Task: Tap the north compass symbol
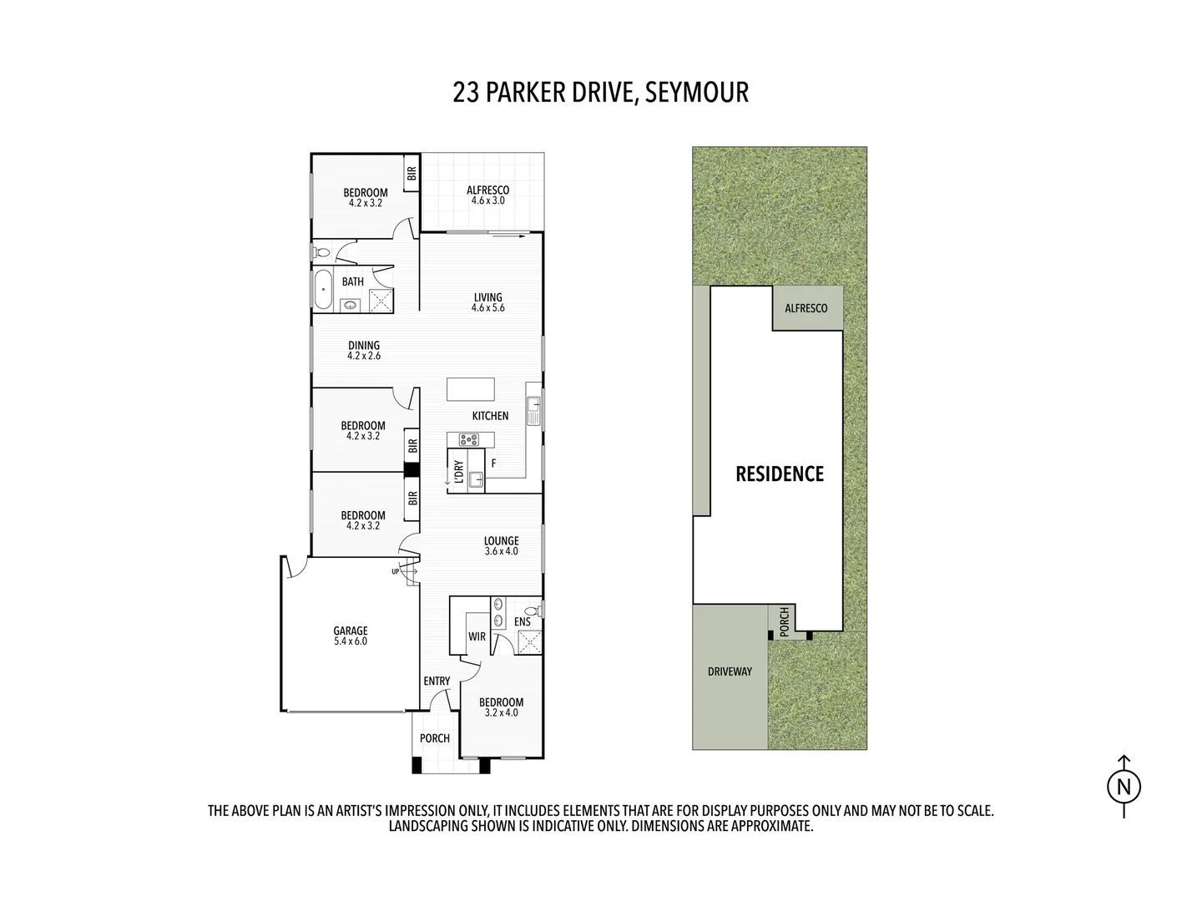coord(1124,786)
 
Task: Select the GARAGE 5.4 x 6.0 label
coord(351,636)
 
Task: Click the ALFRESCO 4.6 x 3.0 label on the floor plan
coord(487,195)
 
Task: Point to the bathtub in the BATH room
coord(322,290)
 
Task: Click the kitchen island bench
coord(470,390)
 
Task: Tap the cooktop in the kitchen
coord(469,439)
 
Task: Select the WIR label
coord(477,636)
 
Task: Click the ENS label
coord(522,622)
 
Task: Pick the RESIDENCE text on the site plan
coord(779,474)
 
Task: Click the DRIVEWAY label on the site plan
coord(730,671)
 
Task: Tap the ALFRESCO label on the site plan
coord(806,308)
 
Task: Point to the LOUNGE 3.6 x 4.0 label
coord(501,546)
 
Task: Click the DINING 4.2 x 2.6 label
coord(364,350)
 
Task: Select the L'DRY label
coord(458,471)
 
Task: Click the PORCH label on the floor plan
coord(434,738)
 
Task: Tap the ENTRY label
coord(437,682)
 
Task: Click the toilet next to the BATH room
coord(321,251)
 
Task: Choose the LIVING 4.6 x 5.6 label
coord(487,302)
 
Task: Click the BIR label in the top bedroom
coord(411,175)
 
